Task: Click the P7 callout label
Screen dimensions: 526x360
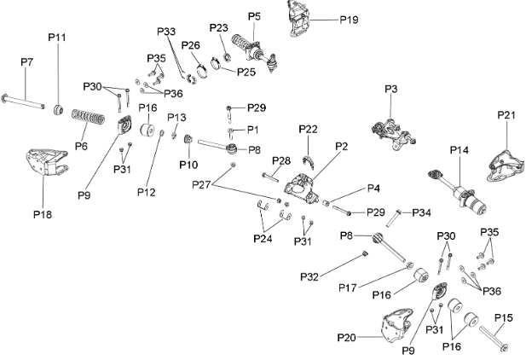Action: pos(26,62)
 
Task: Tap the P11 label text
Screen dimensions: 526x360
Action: pos(57,38)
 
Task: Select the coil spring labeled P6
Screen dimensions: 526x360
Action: pos(88,117)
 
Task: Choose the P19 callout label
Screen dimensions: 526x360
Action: pos(349,20)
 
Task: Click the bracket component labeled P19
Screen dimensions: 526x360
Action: pos(298,19)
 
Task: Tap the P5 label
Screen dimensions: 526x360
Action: pos(254,16)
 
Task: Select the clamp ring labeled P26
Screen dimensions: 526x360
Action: pos(201,71)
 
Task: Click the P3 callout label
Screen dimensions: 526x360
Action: pos(390,89)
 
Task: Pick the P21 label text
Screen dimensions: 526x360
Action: pos(506,115)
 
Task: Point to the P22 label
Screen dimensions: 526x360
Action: pos(308,130)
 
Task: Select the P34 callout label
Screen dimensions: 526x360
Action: pos(421,212)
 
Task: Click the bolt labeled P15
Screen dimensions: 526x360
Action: pos(493,339)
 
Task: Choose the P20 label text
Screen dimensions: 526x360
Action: pos(346,337)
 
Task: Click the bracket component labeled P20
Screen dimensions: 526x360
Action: pos(397,325)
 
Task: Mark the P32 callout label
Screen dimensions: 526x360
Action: pos(309,277)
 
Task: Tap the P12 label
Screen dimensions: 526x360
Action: pos(147,193)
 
